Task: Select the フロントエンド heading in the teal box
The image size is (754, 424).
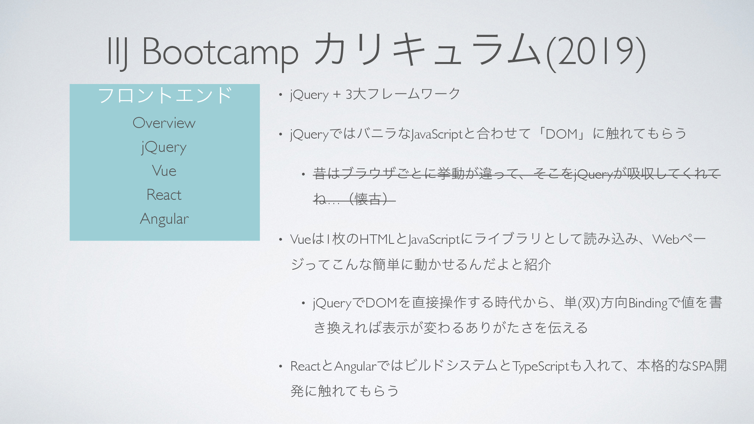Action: (x=165, y=95)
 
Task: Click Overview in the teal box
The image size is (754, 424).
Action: (x=164, y=123)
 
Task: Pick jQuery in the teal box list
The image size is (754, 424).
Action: (x=164, y=148)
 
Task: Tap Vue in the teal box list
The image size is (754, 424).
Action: (x=164, y=171)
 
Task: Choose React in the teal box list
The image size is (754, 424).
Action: (x=164, y=195)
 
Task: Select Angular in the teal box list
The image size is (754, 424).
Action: (x=164, y=219)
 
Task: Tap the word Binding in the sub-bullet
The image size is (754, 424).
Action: (x=648, y=303)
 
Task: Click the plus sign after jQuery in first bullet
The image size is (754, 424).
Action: (x=337, y=95)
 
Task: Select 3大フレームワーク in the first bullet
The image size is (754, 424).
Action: (x=403, y=94)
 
